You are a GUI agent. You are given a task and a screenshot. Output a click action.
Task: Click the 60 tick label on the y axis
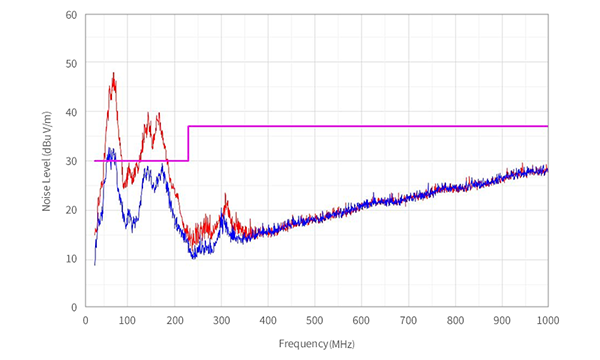71,15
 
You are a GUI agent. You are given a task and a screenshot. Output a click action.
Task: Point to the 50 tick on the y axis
71,64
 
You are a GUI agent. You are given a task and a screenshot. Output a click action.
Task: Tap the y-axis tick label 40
71,112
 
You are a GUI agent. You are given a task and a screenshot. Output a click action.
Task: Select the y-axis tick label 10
71,259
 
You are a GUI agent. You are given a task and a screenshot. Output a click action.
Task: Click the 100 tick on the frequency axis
131,321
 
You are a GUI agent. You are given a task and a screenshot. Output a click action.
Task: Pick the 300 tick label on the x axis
223,321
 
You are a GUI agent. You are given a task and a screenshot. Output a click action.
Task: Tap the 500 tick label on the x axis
316,321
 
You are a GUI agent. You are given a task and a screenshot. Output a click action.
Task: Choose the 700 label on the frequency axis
408,321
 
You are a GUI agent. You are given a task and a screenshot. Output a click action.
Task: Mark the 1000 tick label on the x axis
546,321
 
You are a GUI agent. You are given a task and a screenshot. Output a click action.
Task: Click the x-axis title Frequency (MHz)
316,343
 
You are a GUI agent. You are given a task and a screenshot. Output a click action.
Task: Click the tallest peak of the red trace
114,73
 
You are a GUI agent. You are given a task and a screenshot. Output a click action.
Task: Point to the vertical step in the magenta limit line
189,143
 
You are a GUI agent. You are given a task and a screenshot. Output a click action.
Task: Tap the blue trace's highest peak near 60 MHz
111,149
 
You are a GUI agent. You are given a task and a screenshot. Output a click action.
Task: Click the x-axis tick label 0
85,321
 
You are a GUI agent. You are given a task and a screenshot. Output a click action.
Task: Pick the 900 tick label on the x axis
501,321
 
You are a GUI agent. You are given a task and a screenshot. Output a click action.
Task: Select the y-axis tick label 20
71,210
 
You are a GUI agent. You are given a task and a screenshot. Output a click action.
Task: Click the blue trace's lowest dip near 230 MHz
194,257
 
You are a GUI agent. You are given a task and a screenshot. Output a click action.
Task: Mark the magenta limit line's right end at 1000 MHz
547,126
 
